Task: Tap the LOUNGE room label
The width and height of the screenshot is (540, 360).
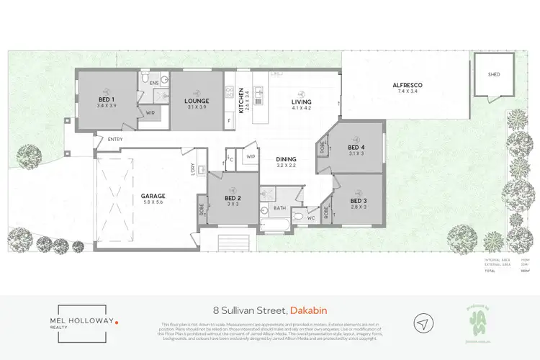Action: [x=196, y=101]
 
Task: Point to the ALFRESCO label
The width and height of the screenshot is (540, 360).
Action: [x=407, y=86]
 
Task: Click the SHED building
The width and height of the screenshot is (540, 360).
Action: [x=494, y=74]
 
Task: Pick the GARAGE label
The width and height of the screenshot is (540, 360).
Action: [x=153, y=195]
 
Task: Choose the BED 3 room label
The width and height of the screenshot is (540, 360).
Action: [x=359, y=199]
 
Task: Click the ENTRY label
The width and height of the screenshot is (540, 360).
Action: [x=115, y=139]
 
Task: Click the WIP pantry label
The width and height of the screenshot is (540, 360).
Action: [x=251, y=156]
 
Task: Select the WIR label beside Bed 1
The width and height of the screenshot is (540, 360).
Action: [x=151, y=112]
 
